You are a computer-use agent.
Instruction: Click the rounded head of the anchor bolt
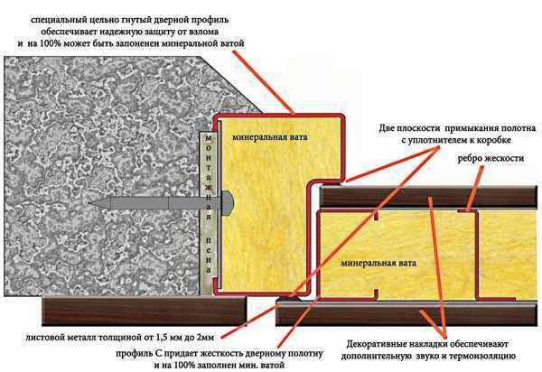point(229,203)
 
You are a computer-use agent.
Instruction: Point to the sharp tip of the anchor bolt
point(89,203)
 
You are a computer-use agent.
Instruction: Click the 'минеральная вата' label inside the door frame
point(269,137)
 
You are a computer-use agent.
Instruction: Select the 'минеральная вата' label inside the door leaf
point(378,263)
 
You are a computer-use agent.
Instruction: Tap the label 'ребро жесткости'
point(491,158)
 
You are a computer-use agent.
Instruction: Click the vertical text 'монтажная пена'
point(209,203)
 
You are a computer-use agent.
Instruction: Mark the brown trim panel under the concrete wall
point(145,311)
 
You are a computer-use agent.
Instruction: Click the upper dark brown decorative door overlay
point(428,197)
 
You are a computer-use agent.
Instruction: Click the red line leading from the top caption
point(264,82)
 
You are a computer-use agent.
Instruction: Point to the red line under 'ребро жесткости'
point(475,188)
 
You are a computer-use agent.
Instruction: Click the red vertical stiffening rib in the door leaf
point(477,255)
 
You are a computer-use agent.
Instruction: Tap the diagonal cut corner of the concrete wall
point(231,84)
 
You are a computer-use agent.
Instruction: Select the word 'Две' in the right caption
point(388,128)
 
